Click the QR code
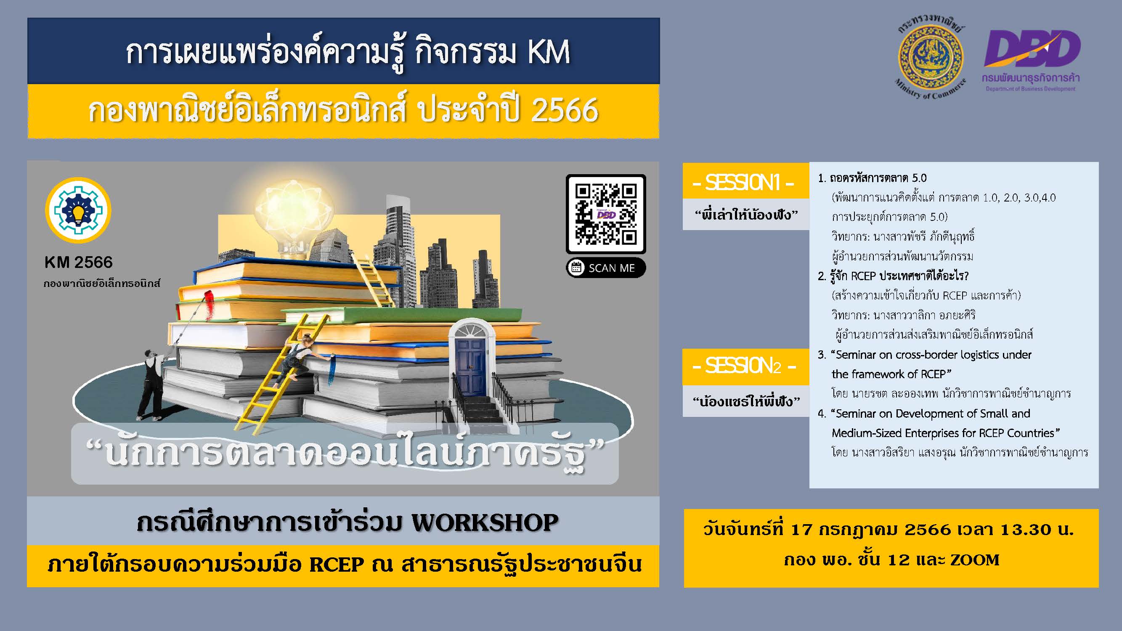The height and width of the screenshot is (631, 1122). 605,213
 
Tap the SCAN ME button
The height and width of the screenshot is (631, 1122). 606,268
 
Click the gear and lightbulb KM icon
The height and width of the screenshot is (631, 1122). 78,210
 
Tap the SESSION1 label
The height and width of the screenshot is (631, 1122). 745,183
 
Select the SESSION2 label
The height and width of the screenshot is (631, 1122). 745,366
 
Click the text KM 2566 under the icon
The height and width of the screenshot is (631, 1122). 78,262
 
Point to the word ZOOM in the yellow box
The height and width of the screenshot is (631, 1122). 975,559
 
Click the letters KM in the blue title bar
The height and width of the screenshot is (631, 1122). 548,52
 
